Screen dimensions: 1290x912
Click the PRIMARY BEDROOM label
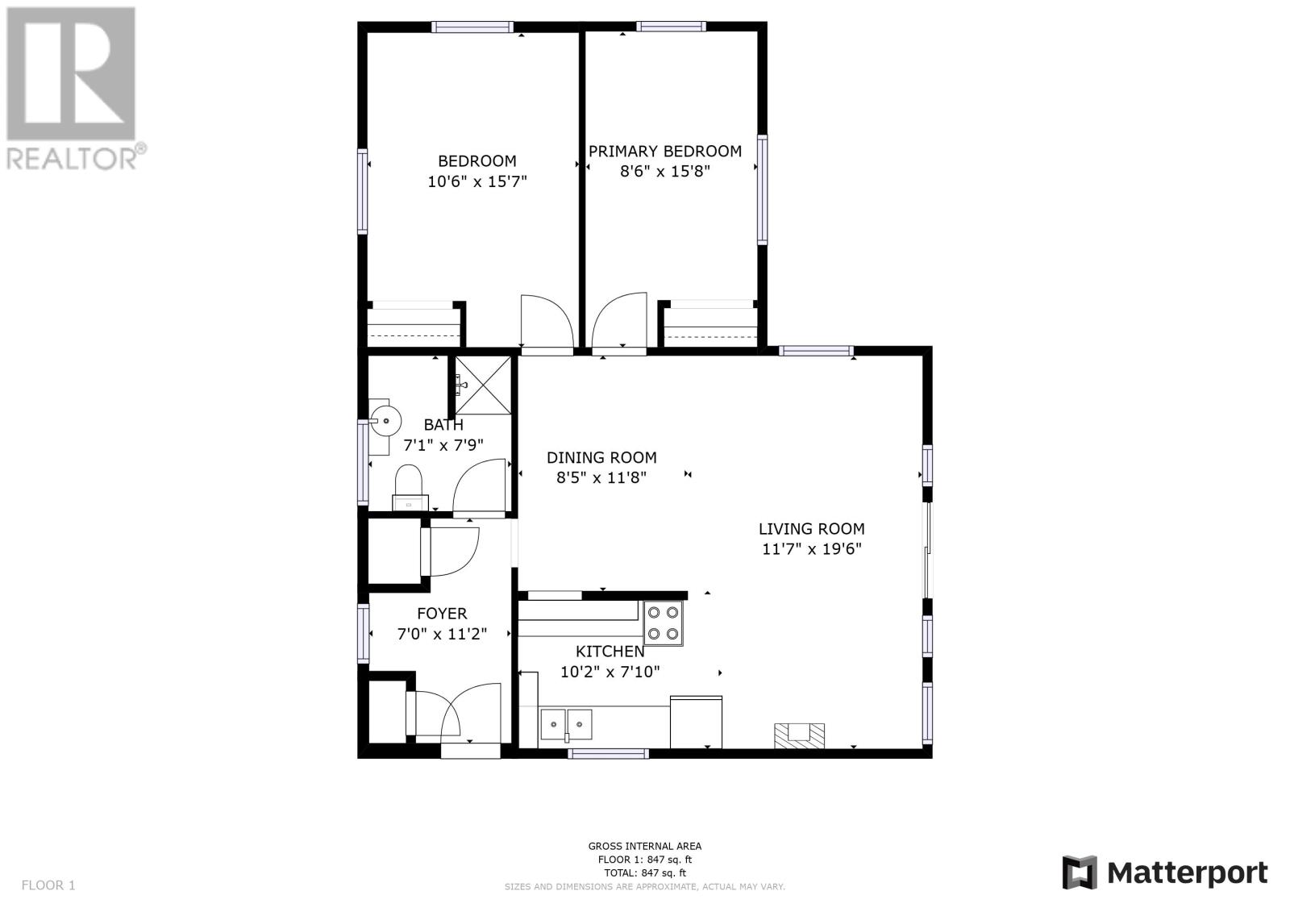(664, 151)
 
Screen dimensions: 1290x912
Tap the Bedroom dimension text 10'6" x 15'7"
(476, 181)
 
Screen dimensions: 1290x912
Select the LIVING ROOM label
(811, 528)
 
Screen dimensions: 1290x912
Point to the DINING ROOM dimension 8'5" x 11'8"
(601, 477)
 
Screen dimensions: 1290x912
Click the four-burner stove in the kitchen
(663, 623)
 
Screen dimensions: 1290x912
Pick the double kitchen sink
(566, 725)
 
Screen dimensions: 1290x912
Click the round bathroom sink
(384, 421)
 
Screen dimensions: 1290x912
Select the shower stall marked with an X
(483, 385)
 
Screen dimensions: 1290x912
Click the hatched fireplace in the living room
(799, 735)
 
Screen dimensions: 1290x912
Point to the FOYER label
(442, 614)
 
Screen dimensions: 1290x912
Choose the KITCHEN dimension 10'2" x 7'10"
(610, 672)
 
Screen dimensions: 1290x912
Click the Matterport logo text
(1188, 873)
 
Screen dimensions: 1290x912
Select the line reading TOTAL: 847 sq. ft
(645, 872)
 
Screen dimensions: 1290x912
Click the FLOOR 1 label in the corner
(48, 885)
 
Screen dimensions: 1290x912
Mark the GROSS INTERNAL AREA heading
(645, 847)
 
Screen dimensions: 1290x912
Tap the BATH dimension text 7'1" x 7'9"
(443, 445)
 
